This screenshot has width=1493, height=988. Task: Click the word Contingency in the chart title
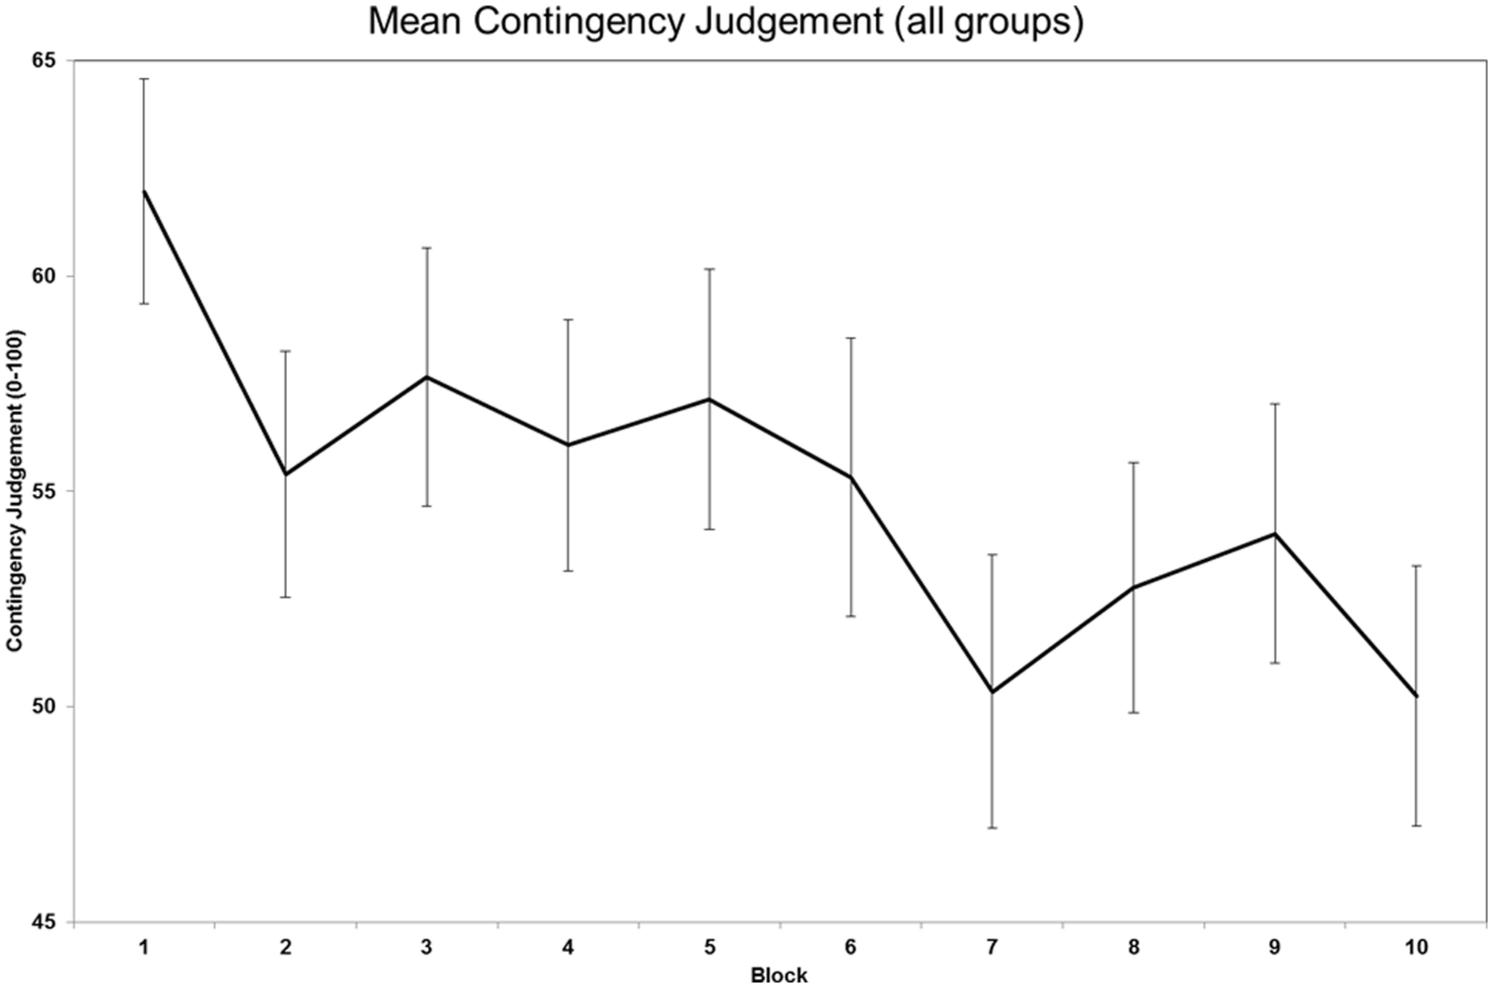[578, 21]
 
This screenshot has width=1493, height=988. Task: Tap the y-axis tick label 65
[42, 60]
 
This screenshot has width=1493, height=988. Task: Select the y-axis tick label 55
[42, 491]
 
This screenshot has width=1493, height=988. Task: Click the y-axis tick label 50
[42, 707]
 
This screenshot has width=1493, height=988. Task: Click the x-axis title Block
[779, 975]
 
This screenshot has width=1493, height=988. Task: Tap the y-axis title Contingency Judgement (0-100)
[15, 491]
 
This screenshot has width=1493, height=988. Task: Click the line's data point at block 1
[145, 190]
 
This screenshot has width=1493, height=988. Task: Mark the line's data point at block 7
[993, 692]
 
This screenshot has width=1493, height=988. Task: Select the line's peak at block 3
[427, 377]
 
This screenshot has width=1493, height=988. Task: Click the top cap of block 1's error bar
[145, 79]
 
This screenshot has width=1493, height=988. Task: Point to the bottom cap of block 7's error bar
[993, 827]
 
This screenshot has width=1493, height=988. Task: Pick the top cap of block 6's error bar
[852, 338]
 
